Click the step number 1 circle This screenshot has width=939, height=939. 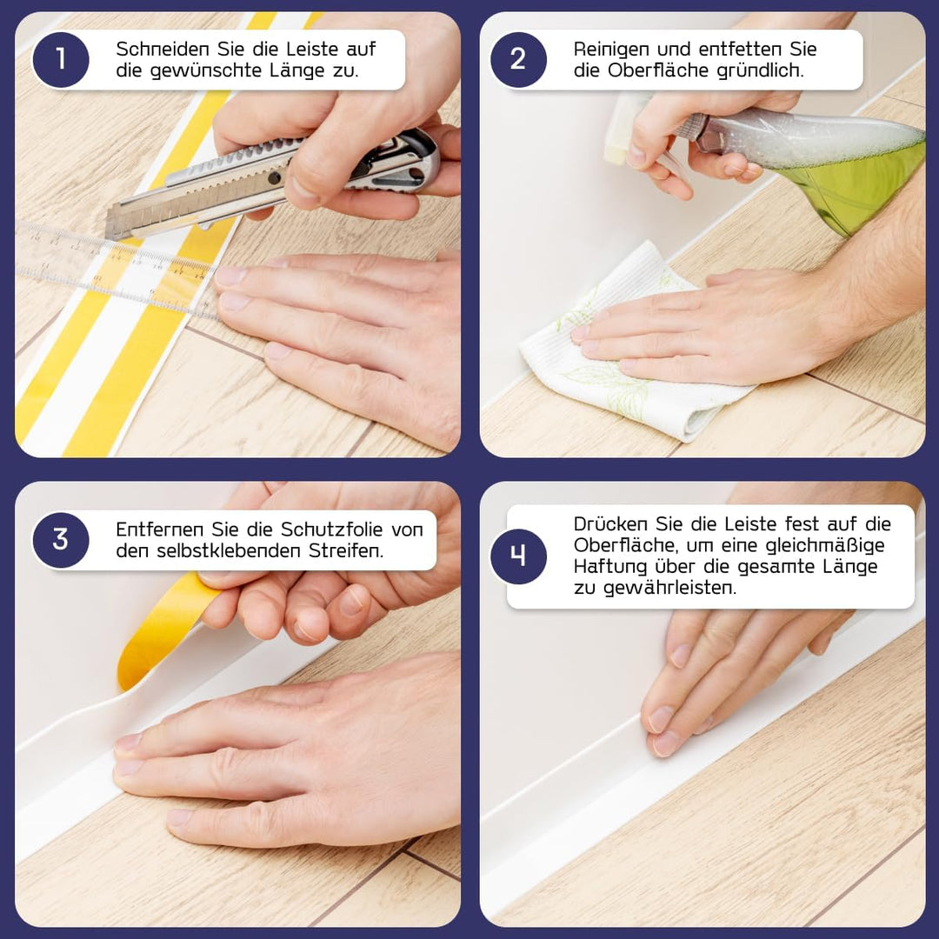(60, 59)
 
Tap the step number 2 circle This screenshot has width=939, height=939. (518, 59)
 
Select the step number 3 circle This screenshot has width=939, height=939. (60, 540)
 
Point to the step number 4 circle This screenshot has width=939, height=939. (518, 556)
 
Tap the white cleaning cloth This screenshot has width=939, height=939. (626, 348)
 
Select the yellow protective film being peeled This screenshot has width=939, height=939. (165, 626)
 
